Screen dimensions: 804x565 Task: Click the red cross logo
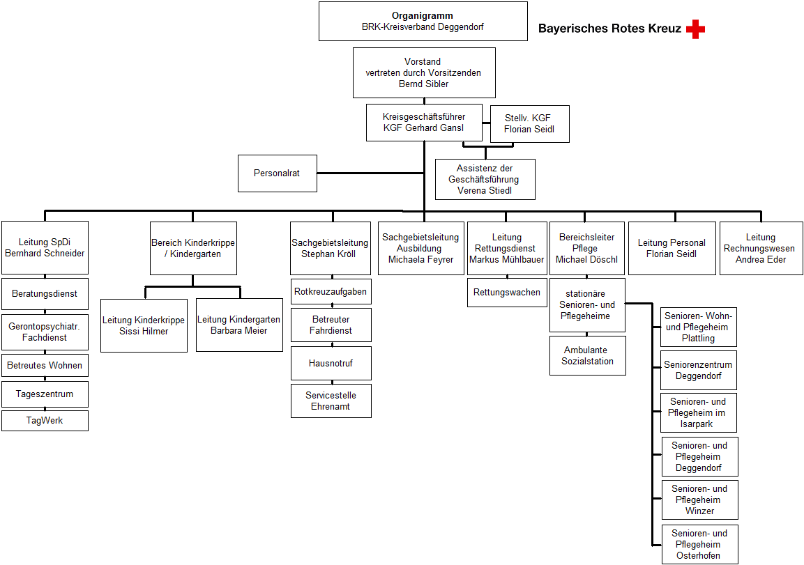tap(695, 29)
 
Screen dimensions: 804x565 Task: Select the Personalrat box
tap(278, 173)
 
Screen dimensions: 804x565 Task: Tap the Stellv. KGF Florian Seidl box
tap(530, 124)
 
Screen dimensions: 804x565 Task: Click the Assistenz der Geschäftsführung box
tap(485, 179)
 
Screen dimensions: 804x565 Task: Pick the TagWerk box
tap(45, 421)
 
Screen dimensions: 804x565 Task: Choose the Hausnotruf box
tap(331, 363)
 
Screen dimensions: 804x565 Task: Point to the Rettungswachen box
tap(507, 293)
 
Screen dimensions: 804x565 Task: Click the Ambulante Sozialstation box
tap(588, 355)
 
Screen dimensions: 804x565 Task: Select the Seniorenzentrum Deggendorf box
tap(699, 371)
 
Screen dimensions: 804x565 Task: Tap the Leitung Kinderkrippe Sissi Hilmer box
tap(144, 326)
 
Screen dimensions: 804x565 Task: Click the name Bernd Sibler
tap(423, 84)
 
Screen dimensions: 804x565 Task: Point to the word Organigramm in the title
tap(423, 16)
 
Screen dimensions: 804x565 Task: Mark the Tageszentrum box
tap(45, 394)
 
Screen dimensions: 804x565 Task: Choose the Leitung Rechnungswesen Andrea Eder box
tap(761, 249)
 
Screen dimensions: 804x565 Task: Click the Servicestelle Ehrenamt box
tap(331, 401)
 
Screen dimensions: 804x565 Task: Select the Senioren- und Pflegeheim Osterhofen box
tap(699, 545)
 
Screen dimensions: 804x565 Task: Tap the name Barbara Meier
tap(239, 331)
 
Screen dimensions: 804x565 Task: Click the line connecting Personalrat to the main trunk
tap(371, 173)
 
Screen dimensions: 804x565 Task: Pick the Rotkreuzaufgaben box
tap(331, 292)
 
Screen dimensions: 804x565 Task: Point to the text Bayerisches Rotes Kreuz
tap(609, 29)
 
